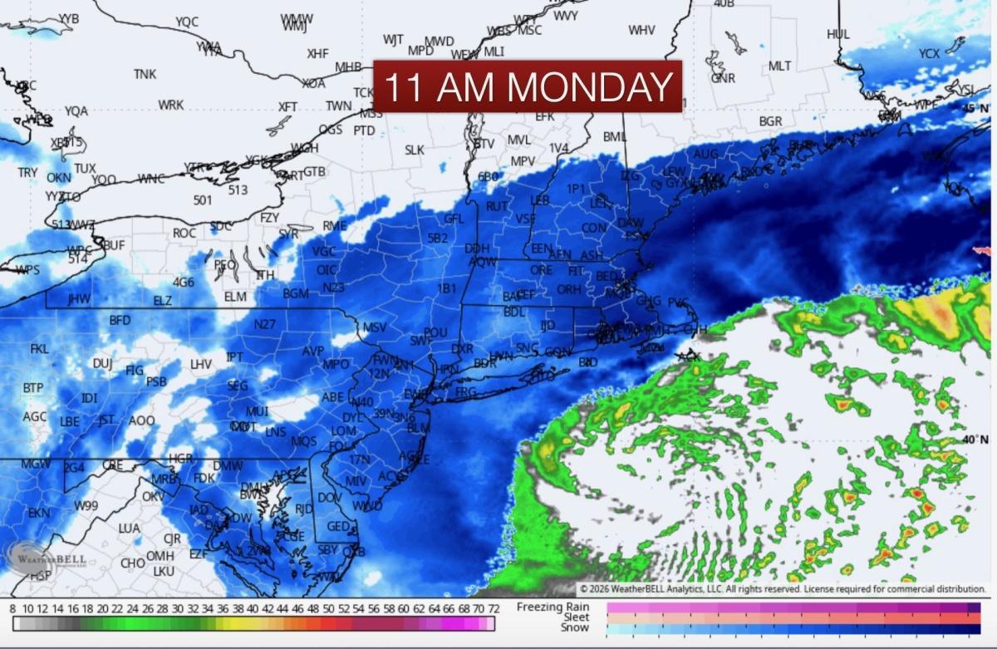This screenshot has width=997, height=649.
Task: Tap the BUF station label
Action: (113, 245)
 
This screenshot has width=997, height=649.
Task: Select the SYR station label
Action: (288, 234)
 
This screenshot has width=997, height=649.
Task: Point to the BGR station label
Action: (770, 121)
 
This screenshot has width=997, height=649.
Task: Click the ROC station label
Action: (184, 234)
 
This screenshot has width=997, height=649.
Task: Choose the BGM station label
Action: (295, 293)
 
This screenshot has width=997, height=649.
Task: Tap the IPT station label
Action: (234, 357)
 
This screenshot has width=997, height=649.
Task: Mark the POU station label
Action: (435, 332)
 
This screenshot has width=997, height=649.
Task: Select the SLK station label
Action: (415, 150)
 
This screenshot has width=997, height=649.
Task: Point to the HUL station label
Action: (838, 34)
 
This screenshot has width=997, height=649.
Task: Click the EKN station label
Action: (39, 513)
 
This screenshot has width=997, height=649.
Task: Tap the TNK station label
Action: (145, 74)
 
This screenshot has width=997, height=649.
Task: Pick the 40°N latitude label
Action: (974, 439)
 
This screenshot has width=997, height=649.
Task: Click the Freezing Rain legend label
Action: (553, 607)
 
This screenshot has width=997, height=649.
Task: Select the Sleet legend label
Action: (575, 617)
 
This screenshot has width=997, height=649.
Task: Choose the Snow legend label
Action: (574, 627)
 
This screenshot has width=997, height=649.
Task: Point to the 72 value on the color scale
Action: (491, 609)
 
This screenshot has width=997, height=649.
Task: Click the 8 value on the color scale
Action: (12, 609)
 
